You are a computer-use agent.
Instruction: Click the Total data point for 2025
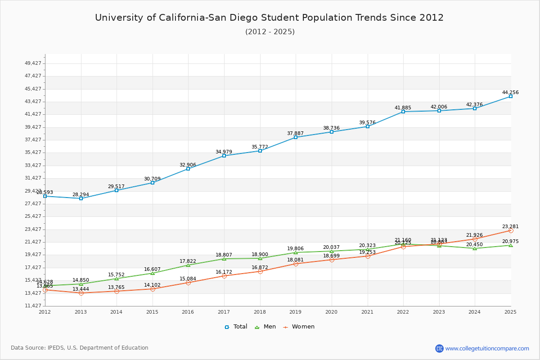pos(510,96)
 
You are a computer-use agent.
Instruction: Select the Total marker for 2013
pos(81,198)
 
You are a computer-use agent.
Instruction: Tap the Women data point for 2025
pos(510,230)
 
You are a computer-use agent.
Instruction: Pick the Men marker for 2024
pos(475,248)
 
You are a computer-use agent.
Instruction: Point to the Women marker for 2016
pos(188,283)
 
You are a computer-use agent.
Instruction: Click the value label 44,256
pos(510,92)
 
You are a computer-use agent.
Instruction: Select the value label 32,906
pos(188,165)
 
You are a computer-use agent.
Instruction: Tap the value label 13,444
pos(81,289)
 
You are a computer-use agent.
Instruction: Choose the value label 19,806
pos(296,248)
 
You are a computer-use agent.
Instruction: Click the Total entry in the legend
pos(236,327)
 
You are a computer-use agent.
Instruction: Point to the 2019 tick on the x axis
pos(296,312)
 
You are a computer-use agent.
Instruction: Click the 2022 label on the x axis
pos(403,312)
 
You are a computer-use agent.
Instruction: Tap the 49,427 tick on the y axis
pos(33,63)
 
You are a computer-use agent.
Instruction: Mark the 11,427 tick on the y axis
pos(33,306)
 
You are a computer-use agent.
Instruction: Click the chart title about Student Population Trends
pos(269,18)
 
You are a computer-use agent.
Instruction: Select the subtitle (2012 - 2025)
pos(270,31)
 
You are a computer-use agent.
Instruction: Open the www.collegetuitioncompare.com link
pos(487,348)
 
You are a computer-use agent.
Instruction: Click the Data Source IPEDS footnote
pos(80,348)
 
